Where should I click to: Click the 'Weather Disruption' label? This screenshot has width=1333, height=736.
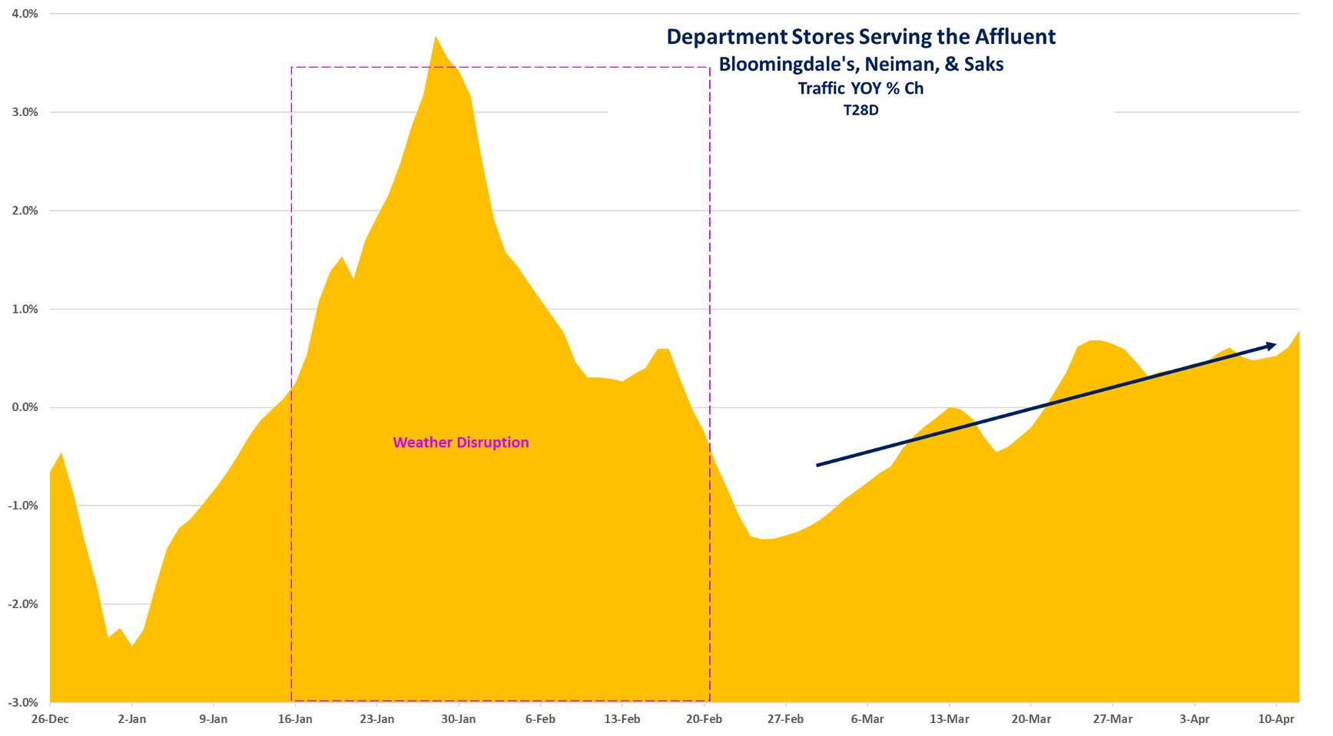click(x=461, y=443)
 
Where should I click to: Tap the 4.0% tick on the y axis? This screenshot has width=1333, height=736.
click(x=25, y=14)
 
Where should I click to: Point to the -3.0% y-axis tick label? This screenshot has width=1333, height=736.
click(x=24, y=702)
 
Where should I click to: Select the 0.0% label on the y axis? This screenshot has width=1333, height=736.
click(x=25, y=407)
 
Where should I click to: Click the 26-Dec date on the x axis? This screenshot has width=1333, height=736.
click(x=50, y=719)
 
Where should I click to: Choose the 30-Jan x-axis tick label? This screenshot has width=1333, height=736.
click(x=459, y=719)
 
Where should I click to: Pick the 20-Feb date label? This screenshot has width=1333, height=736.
click(x=704, y=719)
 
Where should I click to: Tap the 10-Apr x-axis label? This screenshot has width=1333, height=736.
click(x=1276, y=719)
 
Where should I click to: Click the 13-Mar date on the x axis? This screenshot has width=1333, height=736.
click(x=949, y=719)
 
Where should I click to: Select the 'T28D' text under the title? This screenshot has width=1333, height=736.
click(x=860, y=110)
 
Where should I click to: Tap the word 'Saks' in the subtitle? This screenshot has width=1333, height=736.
click(x=984, y=65)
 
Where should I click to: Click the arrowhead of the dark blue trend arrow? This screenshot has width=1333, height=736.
click(x=1272, y=345)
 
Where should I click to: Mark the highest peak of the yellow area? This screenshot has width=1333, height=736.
click(x=436, y=36)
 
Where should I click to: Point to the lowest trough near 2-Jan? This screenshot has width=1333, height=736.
click(x=132, y=645)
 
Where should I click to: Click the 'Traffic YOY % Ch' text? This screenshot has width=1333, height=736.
click(x=860, y=88)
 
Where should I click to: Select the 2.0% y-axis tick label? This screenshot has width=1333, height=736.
click(x=25, y=211)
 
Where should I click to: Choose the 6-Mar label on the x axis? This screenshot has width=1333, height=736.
click(x=867, y=719)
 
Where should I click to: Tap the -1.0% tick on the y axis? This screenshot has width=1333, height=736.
click(x=24, y=506)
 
